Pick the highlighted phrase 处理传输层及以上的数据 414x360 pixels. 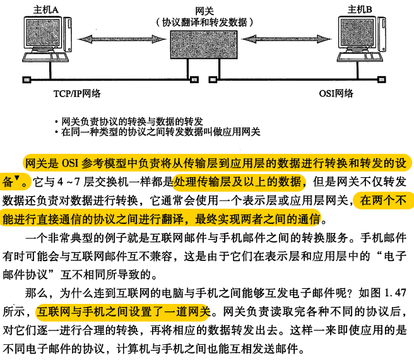(239, 183)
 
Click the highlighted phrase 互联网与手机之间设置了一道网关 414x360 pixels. (122, 311)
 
